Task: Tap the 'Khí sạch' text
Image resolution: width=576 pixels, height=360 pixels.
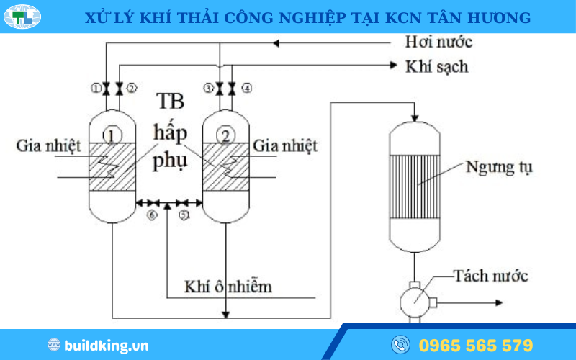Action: pyautogui.click(x=437, y=66)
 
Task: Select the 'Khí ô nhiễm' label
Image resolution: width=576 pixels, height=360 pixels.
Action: pyautogui.click(x=228, y=287)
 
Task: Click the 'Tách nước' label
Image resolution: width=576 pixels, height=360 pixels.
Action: pyautogui.click(x=491, y=276)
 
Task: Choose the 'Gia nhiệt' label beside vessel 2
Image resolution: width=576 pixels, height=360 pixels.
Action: pyautogui.click(x=284, y=146)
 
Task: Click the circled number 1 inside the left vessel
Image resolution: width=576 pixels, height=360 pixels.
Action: pyautogui.click(x=112, y=134)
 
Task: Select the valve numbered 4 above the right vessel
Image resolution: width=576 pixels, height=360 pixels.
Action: pyautogui.click(x=233, y=89)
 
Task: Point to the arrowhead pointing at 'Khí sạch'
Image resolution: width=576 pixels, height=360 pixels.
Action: pyautogui.click(x=393, y=66)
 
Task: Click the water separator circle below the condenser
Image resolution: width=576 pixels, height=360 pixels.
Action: pyautogui.click(x=416, y=296)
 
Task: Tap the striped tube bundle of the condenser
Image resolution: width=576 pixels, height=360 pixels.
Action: pyautogui.click(x=415, y=181)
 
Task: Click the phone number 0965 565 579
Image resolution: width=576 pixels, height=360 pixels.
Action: pyautogui.click(x=476, y=345)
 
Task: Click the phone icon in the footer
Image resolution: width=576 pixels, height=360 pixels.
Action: pyautogui.click(x=400, y=345)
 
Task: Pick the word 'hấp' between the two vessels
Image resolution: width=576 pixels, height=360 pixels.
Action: pyautogui.click(x=170, y=133)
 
